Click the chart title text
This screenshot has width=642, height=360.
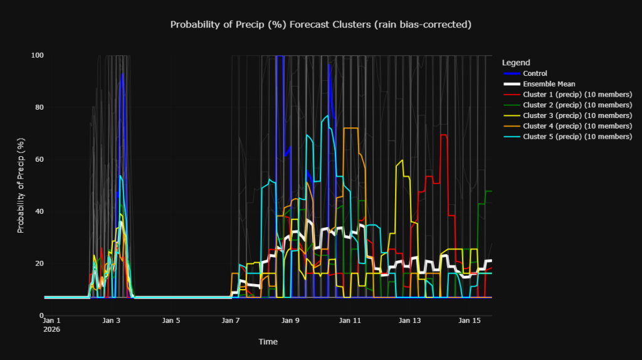pos(320,24)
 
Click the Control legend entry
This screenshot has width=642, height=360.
pos(535,73)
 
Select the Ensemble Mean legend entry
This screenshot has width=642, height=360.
pos(549,84)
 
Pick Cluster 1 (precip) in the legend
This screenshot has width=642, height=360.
pos(577,95)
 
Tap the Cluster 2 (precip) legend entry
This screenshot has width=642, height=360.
pos(577,105)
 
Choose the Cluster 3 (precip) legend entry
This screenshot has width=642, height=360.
pos(577,115)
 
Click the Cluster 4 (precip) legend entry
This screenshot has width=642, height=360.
pos(577,126)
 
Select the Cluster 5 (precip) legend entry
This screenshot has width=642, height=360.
pos(577,137)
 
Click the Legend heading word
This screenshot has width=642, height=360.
pos(516,63)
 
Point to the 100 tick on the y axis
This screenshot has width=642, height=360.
pos(38,55)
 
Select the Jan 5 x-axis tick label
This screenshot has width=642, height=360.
pos(171,320)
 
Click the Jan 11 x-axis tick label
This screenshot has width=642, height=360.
pos(350,320)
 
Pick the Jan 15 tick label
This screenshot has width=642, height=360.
pos(470,320)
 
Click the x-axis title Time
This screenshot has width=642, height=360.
pos(268,342)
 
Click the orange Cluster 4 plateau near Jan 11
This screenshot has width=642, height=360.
pos(350,128)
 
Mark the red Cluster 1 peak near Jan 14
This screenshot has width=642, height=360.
pos(444,135)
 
